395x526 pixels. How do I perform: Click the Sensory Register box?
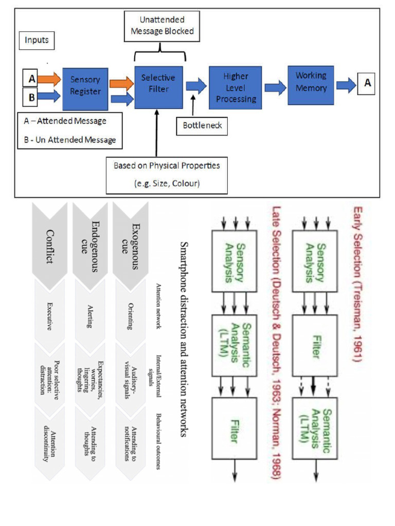[x=85, y=89]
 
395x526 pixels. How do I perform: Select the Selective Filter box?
[x=158, y=87]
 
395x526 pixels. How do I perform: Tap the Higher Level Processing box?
[x=235, y=87]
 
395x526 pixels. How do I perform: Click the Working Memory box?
[x=311, y=85]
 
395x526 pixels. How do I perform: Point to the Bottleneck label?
[x=202, y=126]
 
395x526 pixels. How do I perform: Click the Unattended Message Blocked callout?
[x=162, y=26]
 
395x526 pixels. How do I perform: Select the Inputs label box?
[x=37, y=40]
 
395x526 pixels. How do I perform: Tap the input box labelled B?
[x=30, y=97]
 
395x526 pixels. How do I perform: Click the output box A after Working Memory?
[x=366, y=84]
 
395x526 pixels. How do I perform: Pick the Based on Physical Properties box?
[x=167, y=175]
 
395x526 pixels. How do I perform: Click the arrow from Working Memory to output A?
[x=346, y=85]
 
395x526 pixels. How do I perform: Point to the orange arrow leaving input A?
[x=49, y=79]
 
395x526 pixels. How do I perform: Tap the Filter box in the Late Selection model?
[x=234, y=428]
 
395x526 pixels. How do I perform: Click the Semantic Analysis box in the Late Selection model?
[x=234, y=345]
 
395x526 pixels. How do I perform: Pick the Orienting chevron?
[x=131, y=316]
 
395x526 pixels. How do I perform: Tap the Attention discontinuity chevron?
[x=50, y=443]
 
